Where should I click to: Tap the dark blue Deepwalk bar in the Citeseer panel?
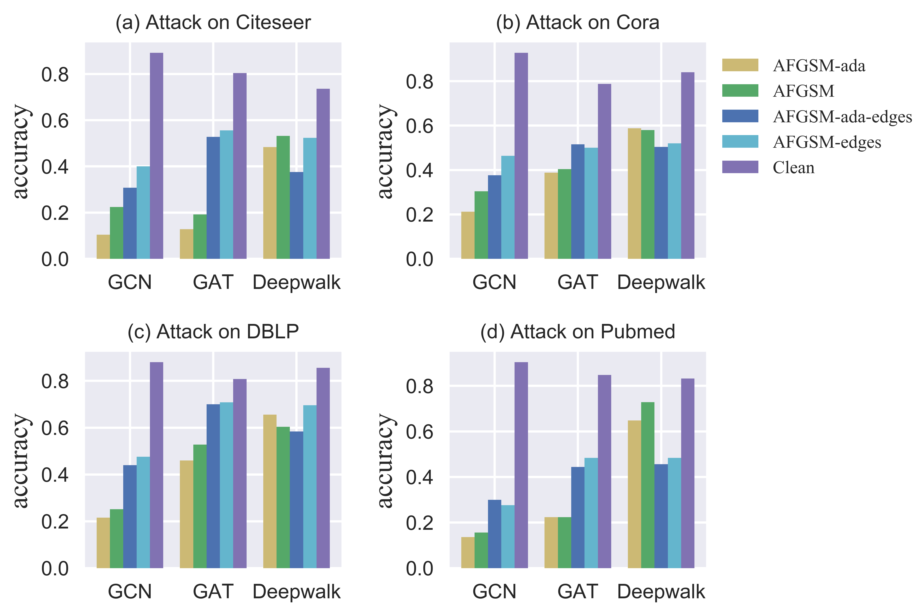pyautogui.click(x=296, y=215)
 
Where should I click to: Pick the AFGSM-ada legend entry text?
pyautogui.click(x=819, y=66)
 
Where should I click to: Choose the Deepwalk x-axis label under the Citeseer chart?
pyautogui.click(x=296, y=282)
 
